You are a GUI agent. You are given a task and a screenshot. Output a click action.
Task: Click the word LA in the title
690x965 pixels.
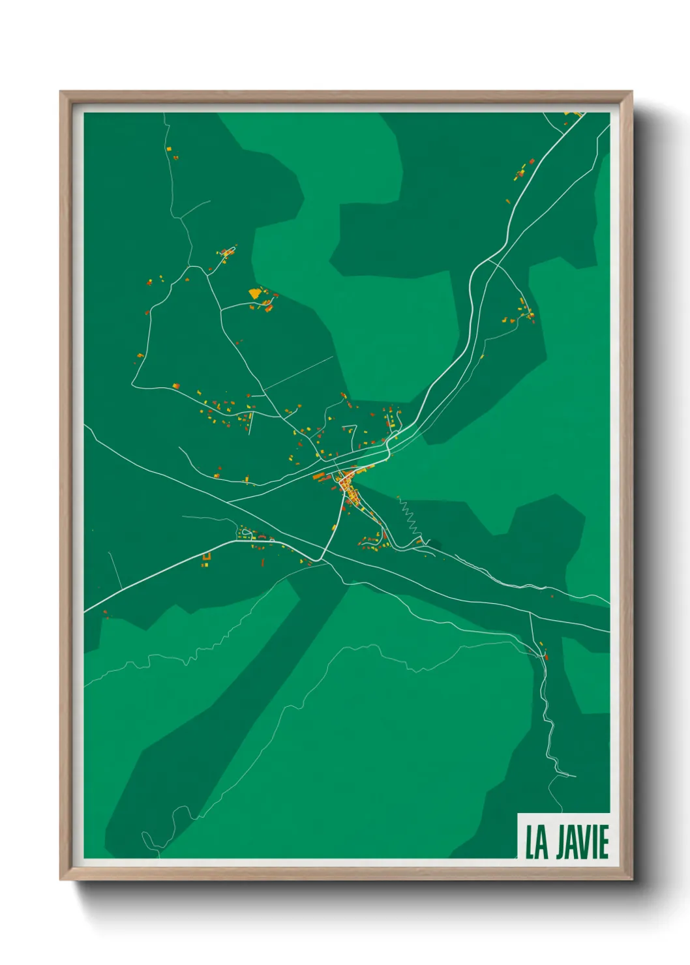click(x=537, y=842)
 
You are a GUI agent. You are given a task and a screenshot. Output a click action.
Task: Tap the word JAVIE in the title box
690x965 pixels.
click(x=582, y=842)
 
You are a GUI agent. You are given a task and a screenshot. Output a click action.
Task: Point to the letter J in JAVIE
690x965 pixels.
click(x=562, y=842)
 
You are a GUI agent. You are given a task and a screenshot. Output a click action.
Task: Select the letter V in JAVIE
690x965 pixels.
click(x=585, y=842)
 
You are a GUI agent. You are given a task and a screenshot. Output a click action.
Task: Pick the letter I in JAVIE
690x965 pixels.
click(x=595, y=842)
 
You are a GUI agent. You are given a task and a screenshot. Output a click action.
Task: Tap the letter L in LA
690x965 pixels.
click(x=531, y=842)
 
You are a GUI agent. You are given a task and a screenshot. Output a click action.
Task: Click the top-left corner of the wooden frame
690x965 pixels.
click(x=61, y=92)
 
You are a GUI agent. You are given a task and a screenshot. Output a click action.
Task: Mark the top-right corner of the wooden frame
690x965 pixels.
click(x=631, y=92)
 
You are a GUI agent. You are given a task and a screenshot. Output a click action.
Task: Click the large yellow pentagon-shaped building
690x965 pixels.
click(x=254, y=293)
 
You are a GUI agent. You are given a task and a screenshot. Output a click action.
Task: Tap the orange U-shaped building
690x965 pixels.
click(x=207, y=556)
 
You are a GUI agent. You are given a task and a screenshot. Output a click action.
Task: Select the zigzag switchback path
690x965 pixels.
click(x=411, y=518)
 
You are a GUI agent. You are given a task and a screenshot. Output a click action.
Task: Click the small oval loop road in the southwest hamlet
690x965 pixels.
click(x=247, y=533)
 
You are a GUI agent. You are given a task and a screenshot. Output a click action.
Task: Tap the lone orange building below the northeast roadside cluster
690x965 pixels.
click(x=507, y=201)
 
